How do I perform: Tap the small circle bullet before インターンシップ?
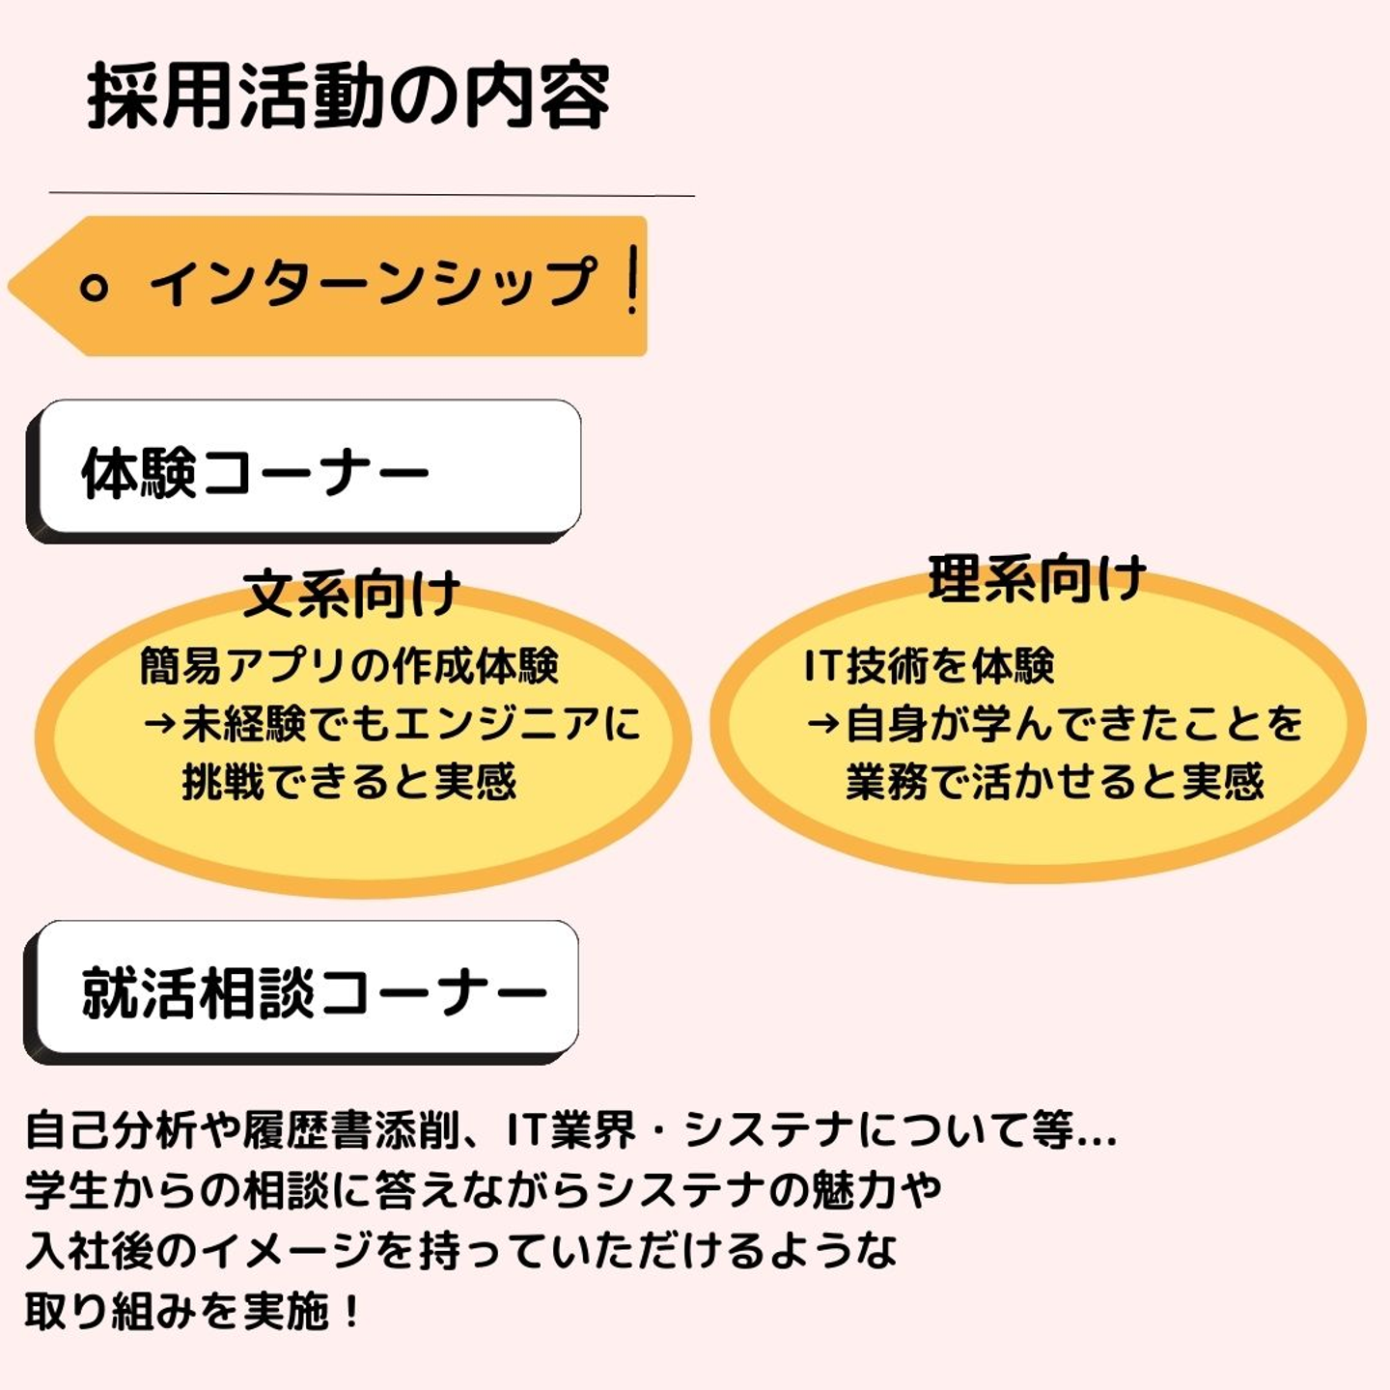[94, 287]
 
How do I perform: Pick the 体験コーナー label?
[255, 473]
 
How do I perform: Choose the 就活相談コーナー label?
[314, 992]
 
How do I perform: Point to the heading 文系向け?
[351, 594]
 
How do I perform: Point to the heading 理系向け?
[1037, 579]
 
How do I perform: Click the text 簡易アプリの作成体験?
[349, 666]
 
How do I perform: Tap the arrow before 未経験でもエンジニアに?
[159, 723]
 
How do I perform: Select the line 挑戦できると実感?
[349, 781]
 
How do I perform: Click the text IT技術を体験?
[929, 666]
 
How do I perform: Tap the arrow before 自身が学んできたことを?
[823, 723]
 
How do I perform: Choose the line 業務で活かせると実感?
[1054, 781]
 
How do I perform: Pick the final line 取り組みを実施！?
[193, 1311]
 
